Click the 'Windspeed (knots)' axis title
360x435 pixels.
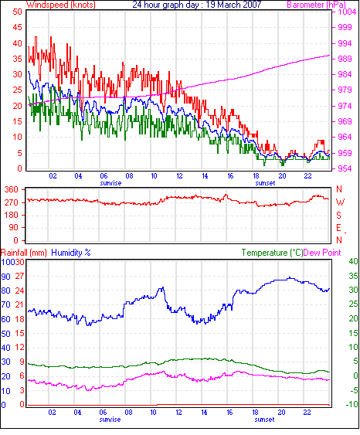pos(61,5)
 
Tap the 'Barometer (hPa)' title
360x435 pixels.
pos(316,5)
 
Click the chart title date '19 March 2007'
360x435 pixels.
pos(233,5)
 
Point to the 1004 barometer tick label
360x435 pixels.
pos(347,12)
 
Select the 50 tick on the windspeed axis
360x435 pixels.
pos(17,12)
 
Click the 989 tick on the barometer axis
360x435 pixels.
pos(345,59)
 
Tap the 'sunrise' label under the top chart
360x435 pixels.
pos(110,183)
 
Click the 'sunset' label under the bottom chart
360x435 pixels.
pos(264,420)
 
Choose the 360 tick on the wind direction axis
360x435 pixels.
pos(11,190)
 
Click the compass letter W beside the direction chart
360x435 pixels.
pos(340,202)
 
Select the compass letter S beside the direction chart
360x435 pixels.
pos(338,215)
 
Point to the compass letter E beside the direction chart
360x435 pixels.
pos(338,228)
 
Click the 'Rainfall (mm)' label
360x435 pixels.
pos(24,253)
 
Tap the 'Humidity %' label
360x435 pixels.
pos(71,253)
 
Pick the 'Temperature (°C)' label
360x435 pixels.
pos(272,253)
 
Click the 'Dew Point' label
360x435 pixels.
pos(322,253)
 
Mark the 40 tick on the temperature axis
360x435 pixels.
pos(353,261)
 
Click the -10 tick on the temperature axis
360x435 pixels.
pos(352,404)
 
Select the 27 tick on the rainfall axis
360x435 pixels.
pos(19,277)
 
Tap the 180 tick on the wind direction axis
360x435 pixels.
pos(11,215)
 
